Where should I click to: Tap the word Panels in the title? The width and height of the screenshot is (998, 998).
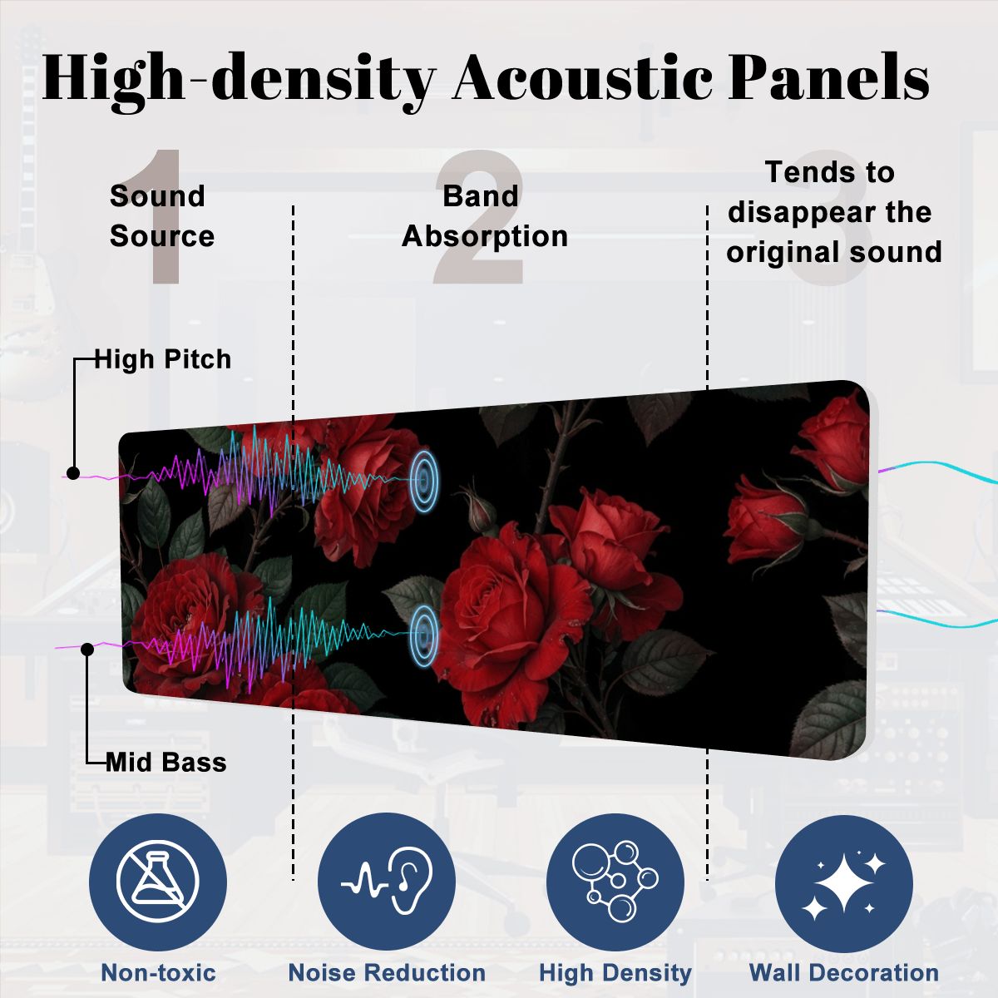click(x=829, y=77)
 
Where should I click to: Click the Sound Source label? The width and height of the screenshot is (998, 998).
click(x=162, y=216)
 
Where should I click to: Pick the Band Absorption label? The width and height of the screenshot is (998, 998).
click(x=485, y=216)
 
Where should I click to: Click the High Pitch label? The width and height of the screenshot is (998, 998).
click(x=163, y=359)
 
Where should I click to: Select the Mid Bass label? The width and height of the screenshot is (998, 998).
click(x=166, y=763)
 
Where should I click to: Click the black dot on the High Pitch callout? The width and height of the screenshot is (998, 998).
click(x=73, y=473)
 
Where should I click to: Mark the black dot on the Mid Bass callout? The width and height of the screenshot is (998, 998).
click(x=87, y=650)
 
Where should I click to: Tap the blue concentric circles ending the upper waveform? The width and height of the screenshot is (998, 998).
click(x=424, y=480)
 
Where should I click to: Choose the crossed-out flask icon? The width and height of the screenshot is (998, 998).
click(x=157, y=882)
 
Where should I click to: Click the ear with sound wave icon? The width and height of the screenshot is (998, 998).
click(x=387, y=882)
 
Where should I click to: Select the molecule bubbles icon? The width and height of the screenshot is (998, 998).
click(x=615, y=882)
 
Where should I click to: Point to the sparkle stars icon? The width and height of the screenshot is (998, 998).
click(x=843, y=882)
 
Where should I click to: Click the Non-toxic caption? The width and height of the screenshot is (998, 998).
click(x=159, y=972)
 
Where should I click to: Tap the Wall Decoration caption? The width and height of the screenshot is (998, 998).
click(x=844, y=972)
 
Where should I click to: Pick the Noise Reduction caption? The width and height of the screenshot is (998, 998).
click(x=387, y=972)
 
